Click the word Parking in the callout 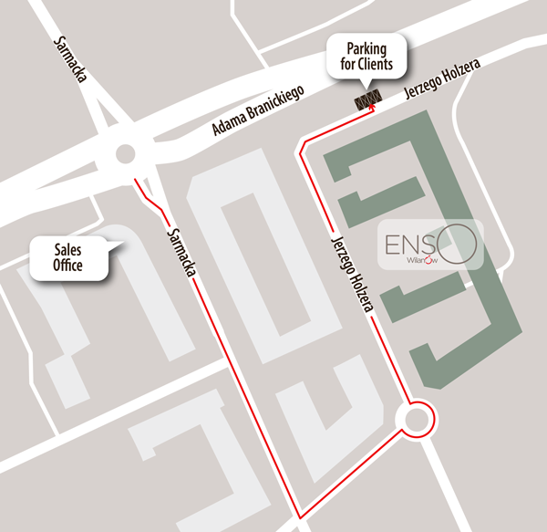[364, 48]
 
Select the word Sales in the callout [68, 249]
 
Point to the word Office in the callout [68, 266]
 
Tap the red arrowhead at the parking [371, 109]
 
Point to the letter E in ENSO [394, 245]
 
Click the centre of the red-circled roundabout [417, 420]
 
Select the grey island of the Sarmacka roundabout [125, 154]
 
